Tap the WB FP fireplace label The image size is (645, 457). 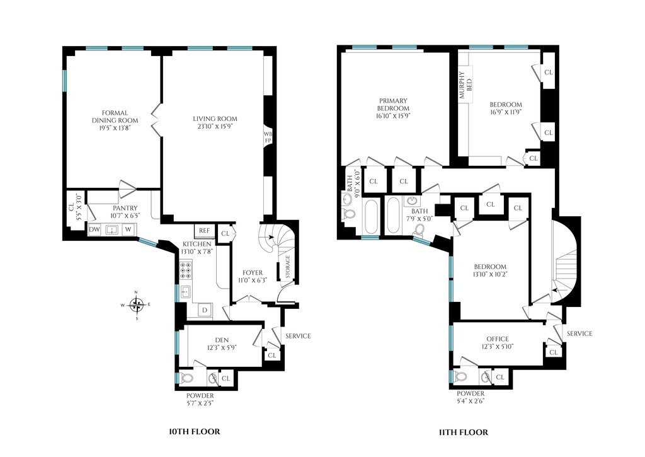click(268, 137)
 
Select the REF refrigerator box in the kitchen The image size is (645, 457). click(205, 231)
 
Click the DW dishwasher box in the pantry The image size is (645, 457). click(94, 229)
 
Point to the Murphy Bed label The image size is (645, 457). click(465, 85)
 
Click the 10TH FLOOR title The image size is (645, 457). click(195, 432)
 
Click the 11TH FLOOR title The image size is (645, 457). click(463, 432)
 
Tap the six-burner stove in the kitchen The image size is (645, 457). click(186, 270)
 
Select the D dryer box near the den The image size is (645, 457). click(205, 309)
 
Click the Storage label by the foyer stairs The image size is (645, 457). click(288, 267)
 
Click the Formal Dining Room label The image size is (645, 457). click(115, 117)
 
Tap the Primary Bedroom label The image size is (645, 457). click(393, 104)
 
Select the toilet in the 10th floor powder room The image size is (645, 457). click(186, 378)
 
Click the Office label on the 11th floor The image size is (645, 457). click(498, 339)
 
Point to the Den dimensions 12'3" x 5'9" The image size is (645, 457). click(222, 347)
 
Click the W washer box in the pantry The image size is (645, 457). click(128, 229)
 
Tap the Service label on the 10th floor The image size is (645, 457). click(298, 336)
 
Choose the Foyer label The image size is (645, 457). click(253, 272)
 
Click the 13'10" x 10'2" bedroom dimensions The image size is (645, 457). click(490, 274)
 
